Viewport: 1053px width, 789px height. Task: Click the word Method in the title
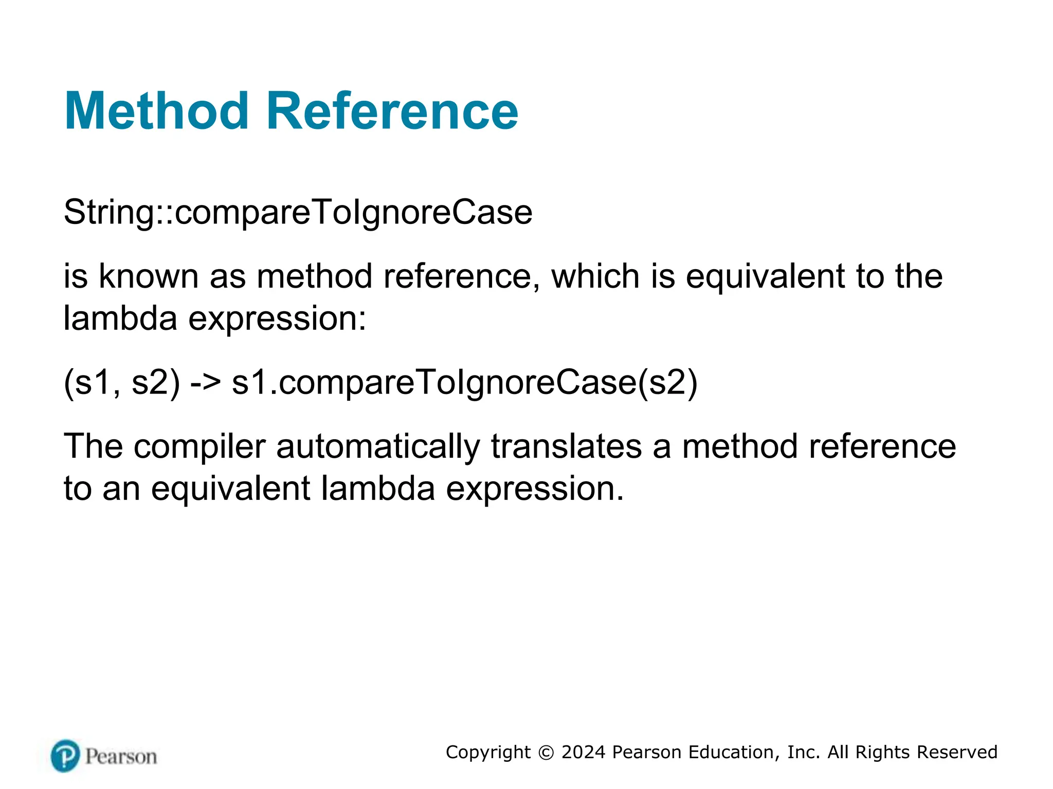pos(156,111)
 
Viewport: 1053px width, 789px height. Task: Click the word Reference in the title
pos(392,111)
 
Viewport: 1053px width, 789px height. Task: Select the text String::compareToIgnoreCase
pos(298,212)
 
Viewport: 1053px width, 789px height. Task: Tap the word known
pos(148,276)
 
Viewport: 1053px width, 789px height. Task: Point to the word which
pos(595,276)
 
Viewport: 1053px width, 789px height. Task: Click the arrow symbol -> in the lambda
pos(205,383)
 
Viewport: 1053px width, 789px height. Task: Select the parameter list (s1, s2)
pos(122,383)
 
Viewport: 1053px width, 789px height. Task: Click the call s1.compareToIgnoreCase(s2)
pos(464,383)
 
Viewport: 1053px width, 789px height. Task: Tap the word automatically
pos(378,446)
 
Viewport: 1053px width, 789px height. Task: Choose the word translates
pos(566,446)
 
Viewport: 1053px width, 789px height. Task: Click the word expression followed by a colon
pos(277,318)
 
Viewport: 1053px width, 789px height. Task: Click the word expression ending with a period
pos(535,488)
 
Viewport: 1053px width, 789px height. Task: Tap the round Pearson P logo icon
pos(65,756)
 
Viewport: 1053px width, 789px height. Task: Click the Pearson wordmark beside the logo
pos(121,757)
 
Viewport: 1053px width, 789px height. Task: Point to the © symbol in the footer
pos(546,753)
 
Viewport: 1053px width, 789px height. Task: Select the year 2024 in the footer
pos(583,753)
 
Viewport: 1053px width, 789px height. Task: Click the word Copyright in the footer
pos(488,753)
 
